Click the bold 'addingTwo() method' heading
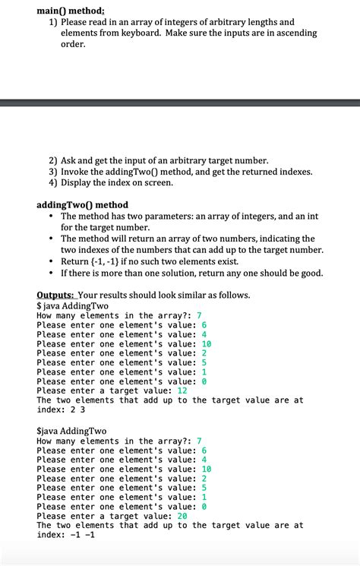click(82, 205)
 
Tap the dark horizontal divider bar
click(180, 103)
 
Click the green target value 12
click(182, 391)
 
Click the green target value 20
click(182, 516)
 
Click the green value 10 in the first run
click(206, 343)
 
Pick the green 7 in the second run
click(199, 441)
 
